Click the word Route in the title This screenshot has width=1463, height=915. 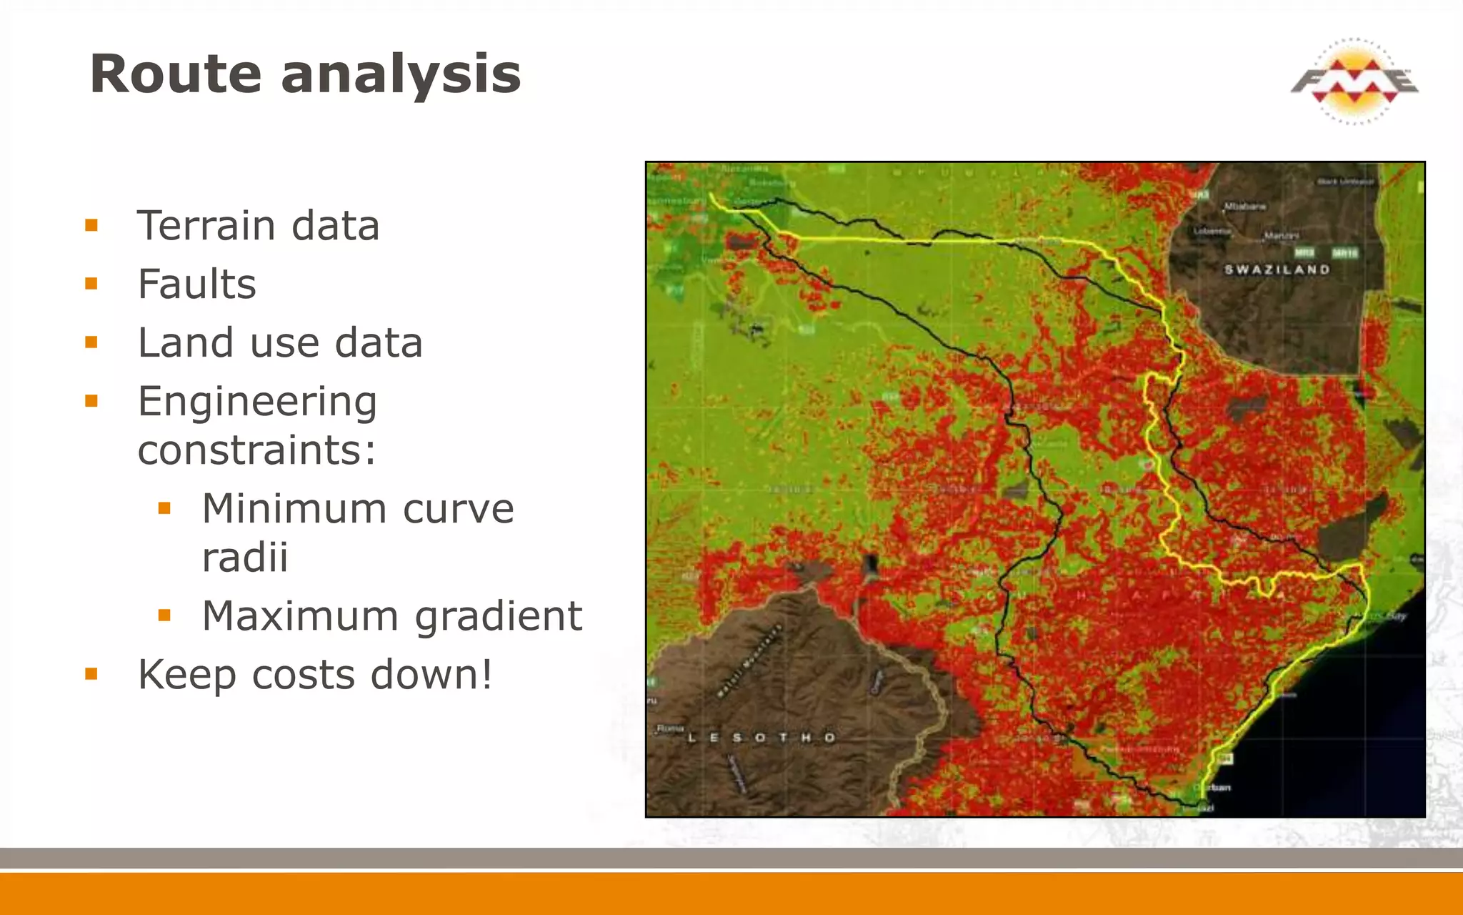click(x=176, y=74)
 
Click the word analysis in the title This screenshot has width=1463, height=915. click(x=401, y=74)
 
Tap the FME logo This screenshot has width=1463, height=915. click(x=1354, y=81)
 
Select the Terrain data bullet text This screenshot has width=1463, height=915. click(x=258, y=226)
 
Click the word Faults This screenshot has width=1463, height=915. click(x=196, y=285)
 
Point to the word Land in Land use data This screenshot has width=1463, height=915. click(x=185, y=342)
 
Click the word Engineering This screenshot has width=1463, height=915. click(x=257, y=402)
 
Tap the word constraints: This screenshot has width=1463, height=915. click(x=256, y=450)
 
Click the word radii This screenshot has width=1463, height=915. click(x=245, y=558)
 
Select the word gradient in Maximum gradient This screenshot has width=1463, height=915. click(x=499, y=616)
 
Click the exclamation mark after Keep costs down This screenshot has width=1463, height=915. click(x=486, y=673)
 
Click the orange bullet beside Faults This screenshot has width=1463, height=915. click(x=91, y=285)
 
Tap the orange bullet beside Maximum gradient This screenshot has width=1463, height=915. click(x=164, y=615)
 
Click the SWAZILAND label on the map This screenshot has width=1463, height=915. click(x=1277, y=269)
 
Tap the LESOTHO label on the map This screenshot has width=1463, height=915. click(x=761, y=737)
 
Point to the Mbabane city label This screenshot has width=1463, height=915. click(x=1245, y=206)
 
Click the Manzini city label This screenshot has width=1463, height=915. click(x=1282, y=234)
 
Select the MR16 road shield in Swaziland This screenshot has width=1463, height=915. click(x=1344, y=252)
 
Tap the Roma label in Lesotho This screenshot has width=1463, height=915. click(x=669, y=728)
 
